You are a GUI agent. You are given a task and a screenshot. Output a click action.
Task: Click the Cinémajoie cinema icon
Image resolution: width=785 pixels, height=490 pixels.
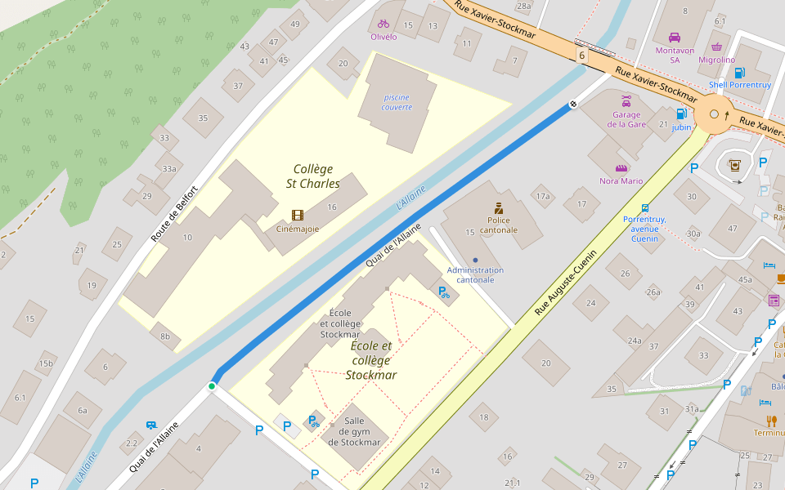(x=297, y=216)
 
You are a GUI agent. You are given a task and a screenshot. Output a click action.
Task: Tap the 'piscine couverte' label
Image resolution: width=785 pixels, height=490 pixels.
(x=396, y=102)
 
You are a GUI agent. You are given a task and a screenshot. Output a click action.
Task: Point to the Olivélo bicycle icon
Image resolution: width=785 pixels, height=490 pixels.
(x=384, y=24)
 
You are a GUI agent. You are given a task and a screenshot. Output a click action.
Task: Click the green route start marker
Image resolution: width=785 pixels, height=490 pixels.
(x=212, y=385)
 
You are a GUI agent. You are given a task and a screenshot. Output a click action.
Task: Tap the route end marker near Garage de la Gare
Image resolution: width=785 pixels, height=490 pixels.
(x=573, y=104)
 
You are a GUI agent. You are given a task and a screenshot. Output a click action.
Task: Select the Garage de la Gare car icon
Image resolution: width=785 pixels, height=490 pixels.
(x=626, y=101)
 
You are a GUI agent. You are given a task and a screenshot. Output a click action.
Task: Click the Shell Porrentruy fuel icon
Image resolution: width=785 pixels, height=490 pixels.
(x=740, y=72)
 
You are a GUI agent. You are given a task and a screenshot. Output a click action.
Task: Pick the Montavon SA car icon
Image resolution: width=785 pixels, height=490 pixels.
(x=675, y=37)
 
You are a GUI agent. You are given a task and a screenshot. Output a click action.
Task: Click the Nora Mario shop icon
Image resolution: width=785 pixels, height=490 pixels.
(x=621, y=168)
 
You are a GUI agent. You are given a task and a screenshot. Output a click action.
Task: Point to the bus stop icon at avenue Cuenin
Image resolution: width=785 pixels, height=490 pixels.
(x=645, y=207)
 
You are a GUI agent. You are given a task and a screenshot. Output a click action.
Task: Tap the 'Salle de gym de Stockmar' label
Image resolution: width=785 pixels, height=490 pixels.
(x=350, y=431)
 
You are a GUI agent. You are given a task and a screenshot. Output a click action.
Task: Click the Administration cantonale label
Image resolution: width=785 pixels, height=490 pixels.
(x=474, y=274)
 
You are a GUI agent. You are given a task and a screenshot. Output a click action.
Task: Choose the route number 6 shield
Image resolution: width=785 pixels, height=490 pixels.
(x=581, y=55)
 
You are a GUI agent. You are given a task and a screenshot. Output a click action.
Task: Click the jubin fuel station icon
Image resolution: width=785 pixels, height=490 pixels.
(x=680, y=114)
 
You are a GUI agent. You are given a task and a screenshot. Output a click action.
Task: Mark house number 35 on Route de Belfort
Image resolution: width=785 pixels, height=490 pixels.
(x=203, y=118)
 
